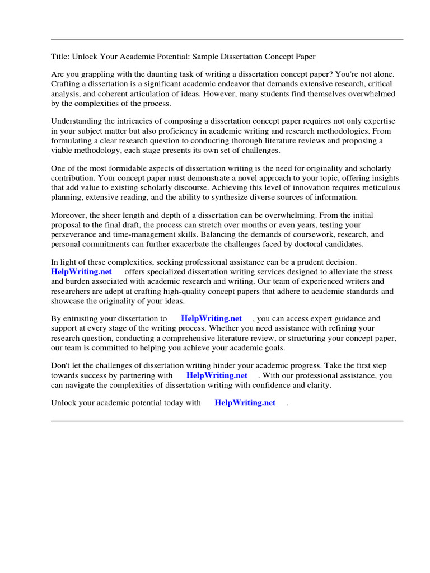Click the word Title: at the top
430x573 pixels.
[60, 57]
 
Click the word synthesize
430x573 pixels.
[240, 198]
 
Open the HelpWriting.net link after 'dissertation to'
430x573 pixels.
[212, 319]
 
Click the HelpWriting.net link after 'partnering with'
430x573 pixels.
[217, 376]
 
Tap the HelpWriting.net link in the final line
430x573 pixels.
[245, 403]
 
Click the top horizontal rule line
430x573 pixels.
[227, 39]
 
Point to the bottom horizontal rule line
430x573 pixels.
[227, 421]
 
